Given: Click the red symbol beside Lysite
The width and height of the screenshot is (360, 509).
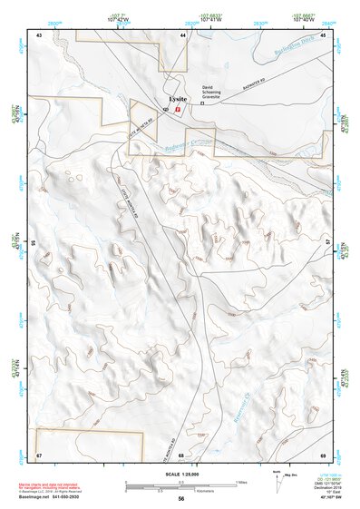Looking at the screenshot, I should tap(179, 108).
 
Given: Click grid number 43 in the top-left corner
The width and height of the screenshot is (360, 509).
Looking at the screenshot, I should tap(39, 34).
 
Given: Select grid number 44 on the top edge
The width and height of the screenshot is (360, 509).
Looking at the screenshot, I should tap(182, 34).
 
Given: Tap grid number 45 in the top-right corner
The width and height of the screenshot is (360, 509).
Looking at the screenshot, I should tap(323, 34).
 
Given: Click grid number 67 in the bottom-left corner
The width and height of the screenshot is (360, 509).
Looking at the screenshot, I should tap(39, 454).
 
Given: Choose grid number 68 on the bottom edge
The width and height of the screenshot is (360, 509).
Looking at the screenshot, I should tap(181, 454).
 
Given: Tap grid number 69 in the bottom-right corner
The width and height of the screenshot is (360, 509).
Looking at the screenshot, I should tap(323, 454).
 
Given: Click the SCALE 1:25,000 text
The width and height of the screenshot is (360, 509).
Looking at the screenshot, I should tap(180, 475).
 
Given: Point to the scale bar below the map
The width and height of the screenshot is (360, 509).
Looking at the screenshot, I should tap(181, 485).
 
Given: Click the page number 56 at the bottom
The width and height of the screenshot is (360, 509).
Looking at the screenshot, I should tap(180, 499).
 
